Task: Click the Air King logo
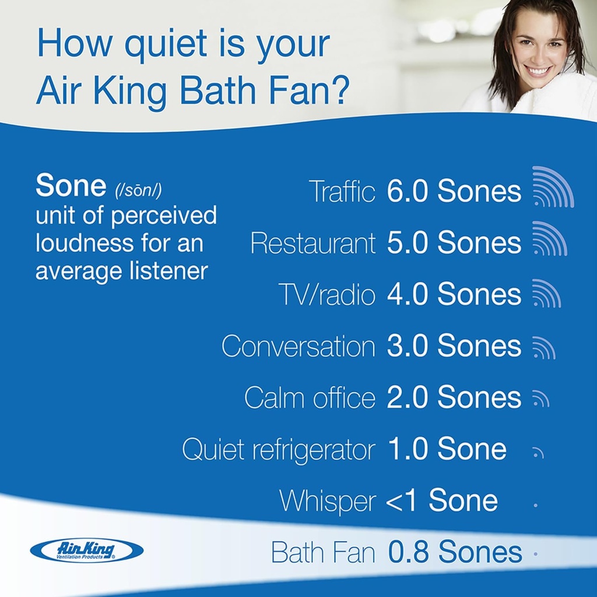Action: pyautogui.click(x=86, y=550)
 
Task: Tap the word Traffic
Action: pyautogui.click(x=342, y=192)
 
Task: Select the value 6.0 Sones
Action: pyautogui.click(x=454, y=192)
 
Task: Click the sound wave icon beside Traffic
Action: pyautogui.click(x=553, y=187)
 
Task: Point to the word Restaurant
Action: pyautogui.click(x=312, y=243)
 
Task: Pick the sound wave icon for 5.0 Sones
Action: pyautogui.click(x=549, y=239)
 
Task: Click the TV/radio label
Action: pyautogui.click(x=327, y=294)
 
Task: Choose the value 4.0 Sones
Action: pyautogui.click(x=454, y=294)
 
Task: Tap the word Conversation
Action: pyautogui.click(x=298, y=346)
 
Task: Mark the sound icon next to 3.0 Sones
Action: pyautogui.click(x=543, y=347)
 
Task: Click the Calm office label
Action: pyautogui.click(x=310, y=398)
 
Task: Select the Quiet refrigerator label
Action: pyautogui.click(x=279, y=449)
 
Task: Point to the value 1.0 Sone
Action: pyautogui.click(x=447, y=449)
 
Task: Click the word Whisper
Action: pyautogui.click(x=327, y=501)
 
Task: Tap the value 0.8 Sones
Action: pyautogui.click(x=455, y=552)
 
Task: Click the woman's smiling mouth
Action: pyautogui.click(x=538, y=71)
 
